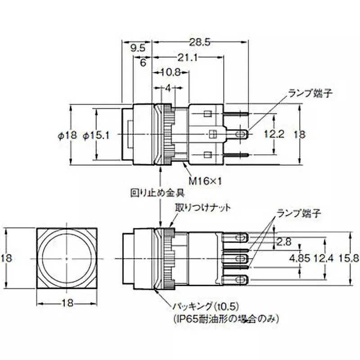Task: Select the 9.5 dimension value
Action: click(x=137, y=48)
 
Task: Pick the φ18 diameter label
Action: click(x=68, y=134)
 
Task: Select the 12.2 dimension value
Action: click(x=274, y=134)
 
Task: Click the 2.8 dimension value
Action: click(x=284, y=242)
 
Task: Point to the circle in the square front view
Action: click(x=67, y=258)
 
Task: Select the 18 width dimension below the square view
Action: click(x=67, y=304)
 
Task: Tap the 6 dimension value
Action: click(x=143, y=63)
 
